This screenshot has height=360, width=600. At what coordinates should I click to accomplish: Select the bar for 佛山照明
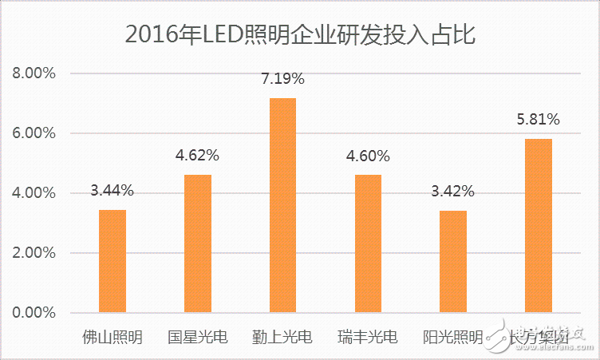pos(112,261)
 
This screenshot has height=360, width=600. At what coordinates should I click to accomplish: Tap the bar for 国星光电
pos(198,243)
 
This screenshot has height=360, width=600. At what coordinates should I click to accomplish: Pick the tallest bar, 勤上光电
pos(283,205)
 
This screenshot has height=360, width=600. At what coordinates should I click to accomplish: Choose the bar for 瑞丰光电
pos(368,243)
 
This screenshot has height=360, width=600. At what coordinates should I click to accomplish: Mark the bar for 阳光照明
pos(453,262)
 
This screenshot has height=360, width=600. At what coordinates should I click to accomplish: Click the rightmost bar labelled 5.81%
pos(539,226)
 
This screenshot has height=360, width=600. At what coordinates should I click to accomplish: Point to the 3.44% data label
pos(112,191)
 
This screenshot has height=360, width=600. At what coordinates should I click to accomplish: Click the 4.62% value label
pos(198,155)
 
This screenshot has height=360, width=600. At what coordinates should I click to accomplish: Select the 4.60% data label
pos(368,156)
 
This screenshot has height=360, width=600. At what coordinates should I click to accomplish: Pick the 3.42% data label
pos(453,192)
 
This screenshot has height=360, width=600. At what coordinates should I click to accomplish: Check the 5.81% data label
pos(539,120)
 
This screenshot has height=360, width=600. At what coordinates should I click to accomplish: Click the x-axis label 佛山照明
pos(112,337)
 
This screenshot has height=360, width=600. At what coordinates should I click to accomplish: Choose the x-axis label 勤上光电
pos(283,337)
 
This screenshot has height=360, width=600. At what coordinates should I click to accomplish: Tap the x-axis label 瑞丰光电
pos(368,337)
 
